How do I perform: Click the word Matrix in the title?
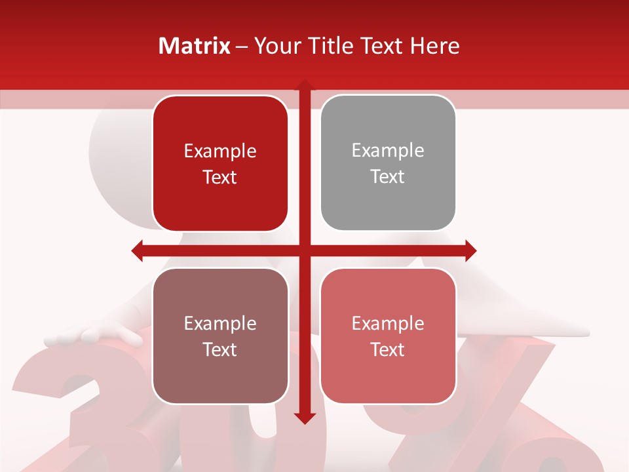195,46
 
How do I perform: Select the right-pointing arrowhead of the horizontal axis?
470,250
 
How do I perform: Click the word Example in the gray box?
388,151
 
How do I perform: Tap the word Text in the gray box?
388,177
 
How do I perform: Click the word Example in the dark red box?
220,151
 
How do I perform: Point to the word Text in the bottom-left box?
220,349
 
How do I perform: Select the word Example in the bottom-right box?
388,323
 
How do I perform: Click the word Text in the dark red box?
220,178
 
